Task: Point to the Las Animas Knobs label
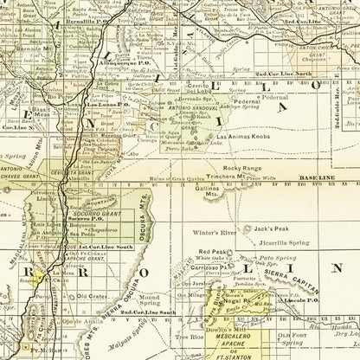[x=245, y=138]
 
